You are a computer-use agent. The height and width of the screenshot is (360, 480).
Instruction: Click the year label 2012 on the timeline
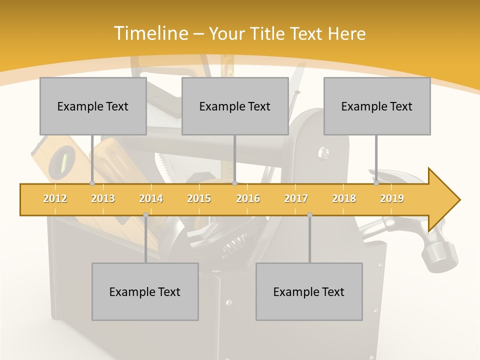tap(55, 198)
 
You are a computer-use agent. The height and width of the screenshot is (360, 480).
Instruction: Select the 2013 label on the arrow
tap(103, 198)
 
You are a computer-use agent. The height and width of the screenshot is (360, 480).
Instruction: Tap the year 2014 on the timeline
tap(151, 198)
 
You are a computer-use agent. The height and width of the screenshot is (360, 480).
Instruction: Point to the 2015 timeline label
tap(199, 198)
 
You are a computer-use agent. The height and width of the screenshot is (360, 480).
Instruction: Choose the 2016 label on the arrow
tap(248, 198)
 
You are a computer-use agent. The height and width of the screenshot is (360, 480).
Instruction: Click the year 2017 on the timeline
tap(296, 198)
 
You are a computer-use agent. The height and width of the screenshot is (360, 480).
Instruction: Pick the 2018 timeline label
tap(344, 198)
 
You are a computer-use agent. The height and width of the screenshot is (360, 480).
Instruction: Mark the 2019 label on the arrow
tap(392, 198)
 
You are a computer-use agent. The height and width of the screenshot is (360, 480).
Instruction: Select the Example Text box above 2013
tap(93, 106)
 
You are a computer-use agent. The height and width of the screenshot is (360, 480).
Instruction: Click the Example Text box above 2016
tap(235, 106)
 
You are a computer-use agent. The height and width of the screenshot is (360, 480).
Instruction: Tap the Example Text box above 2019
tap(377, 106)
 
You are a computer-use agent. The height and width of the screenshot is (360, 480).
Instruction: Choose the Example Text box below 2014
tap(145, 291)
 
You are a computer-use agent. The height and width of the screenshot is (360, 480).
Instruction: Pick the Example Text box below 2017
tap(309, 291)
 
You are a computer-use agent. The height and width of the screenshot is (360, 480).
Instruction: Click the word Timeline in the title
tap(150, 33)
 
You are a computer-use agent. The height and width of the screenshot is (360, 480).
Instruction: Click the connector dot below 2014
tap(145, 214)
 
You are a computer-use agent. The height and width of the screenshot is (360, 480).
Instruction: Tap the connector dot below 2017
tap(309, 214)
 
